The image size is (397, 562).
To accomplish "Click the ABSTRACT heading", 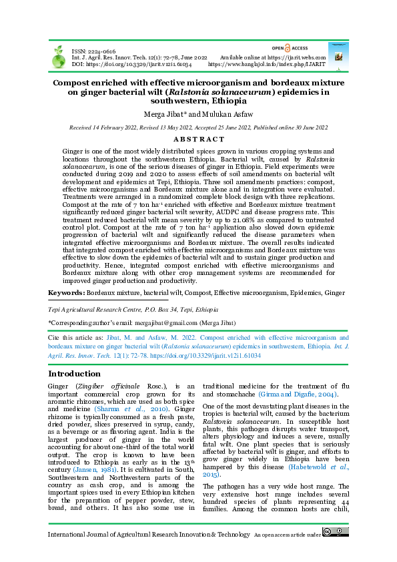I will (198, 139).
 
